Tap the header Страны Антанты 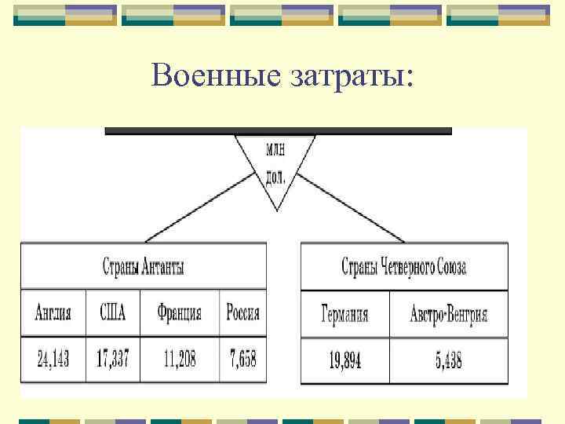(x=144, y=266)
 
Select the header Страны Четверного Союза (x=404, y=266)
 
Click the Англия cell (x=53, y=313)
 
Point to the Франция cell (x=179, y=313)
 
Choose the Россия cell (x=242, y=313)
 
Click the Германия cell (x=344, y=315)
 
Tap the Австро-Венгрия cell (x=448, y=315)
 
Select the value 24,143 (x=53, y=360)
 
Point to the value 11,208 (x=179, y=360)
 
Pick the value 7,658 (x=242, y=360)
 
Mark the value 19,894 (x=344, y=361)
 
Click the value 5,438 (x=448, y=361)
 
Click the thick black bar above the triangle (x=278, y=131)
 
